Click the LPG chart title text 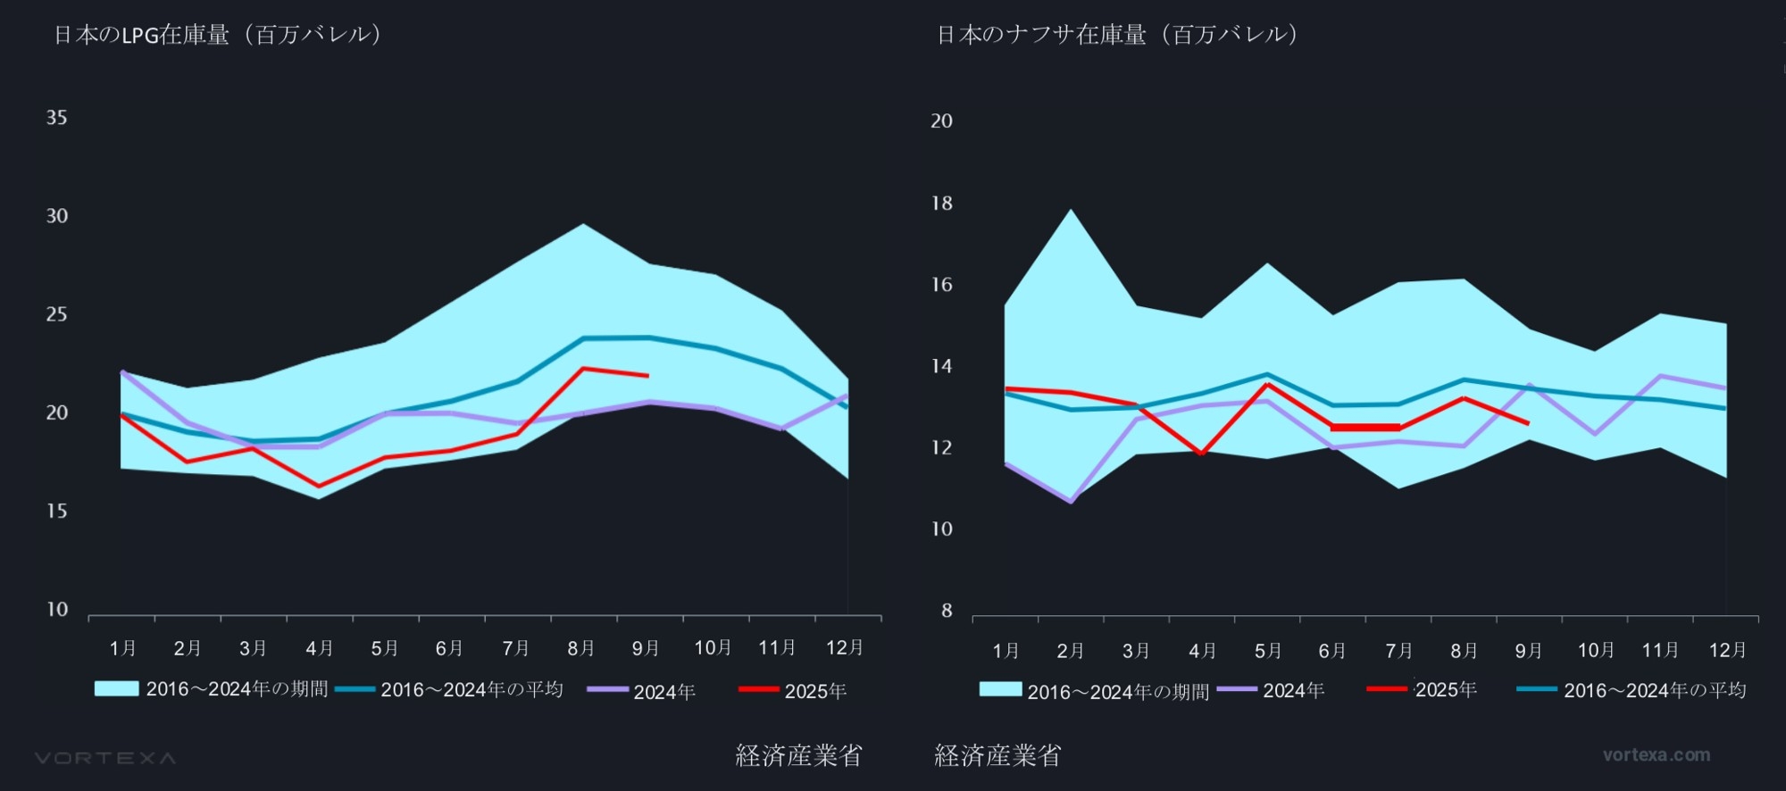pos(218,35)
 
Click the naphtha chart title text pos(1117,35)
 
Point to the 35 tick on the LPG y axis pos(56,118)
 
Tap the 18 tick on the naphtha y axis pos(941,204)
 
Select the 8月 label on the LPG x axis pos(581,648)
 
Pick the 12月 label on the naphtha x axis pos(1727,650)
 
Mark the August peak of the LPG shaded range pos(583,224)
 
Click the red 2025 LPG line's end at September pos(647,376)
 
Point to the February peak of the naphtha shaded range pos(1070,211)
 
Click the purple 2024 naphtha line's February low pos(1071,502)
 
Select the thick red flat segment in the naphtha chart pos(1365,428)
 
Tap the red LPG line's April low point pos(319,487)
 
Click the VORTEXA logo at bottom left pos(105,758)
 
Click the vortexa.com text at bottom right pos(1657,755)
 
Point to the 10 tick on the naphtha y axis pos(941,529)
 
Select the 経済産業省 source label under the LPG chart pos(798,756)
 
